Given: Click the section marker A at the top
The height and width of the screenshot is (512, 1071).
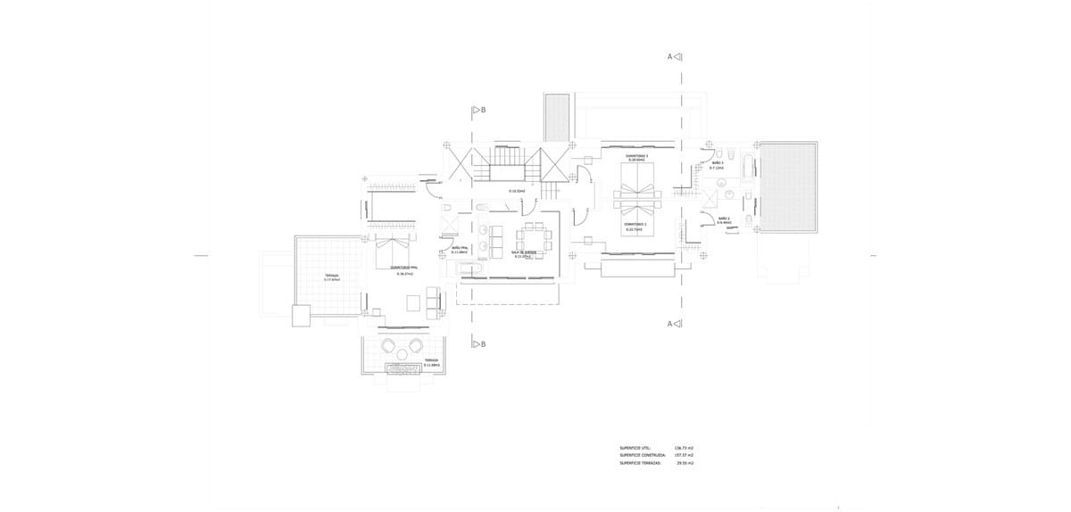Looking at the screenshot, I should tap(675, 57).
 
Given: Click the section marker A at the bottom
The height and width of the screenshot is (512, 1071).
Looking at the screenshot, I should tap(675, 324).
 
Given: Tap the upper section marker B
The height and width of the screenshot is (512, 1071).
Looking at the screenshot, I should tap(478, 111).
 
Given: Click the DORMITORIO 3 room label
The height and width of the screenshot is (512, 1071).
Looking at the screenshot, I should tap(636, 157).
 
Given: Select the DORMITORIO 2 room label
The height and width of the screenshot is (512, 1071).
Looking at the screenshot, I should tap(635, 226).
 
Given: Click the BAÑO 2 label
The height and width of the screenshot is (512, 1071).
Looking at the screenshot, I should tap(723, 220).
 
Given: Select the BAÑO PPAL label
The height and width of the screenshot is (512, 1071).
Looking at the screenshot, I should tap(460, 250).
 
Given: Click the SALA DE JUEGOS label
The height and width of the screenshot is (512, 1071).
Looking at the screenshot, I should tap(523, 254).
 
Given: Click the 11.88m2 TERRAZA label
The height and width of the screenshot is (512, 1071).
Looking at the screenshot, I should tap(431, 362).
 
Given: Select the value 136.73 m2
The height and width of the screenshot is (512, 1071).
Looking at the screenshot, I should tap(685, 448).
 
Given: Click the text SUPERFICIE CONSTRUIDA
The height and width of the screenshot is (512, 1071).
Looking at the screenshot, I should tap(643, 455).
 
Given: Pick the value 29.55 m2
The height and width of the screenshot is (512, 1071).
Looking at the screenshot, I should tap(685, 463).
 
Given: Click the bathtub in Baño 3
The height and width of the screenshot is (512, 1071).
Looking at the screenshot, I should tap(749, 166).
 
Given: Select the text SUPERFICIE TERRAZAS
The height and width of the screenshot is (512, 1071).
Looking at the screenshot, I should tap(641, 463).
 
